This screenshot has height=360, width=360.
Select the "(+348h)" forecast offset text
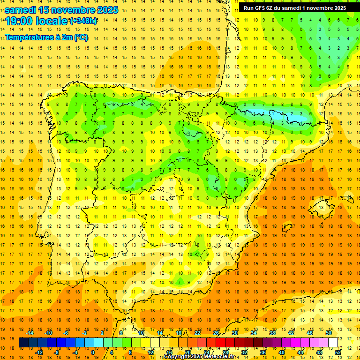click(83, 21)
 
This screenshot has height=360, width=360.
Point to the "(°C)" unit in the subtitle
click(81, 37)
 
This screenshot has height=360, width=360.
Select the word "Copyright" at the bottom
click(176, 357)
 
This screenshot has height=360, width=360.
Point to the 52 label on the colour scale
click(338, 352)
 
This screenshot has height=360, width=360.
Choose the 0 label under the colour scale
click(93, 352)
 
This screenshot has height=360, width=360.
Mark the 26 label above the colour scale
click(217, 333)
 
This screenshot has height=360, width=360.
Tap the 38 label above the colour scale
click(272, 333)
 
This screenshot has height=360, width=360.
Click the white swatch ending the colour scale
click(333, 343)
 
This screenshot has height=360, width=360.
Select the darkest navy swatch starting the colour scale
click(23, 343)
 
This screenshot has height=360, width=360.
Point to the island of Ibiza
click(286, 228)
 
